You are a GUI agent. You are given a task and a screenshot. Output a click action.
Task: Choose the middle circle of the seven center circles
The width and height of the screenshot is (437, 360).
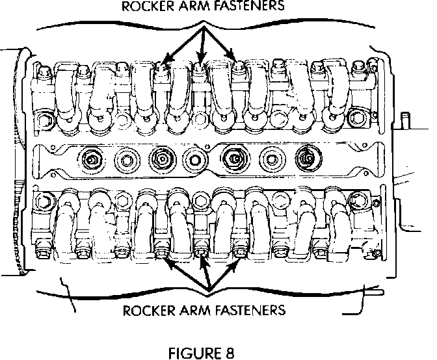coord(194,157)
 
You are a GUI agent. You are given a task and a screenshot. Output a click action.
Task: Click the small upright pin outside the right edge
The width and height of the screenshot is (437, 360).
coord(406,121)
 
